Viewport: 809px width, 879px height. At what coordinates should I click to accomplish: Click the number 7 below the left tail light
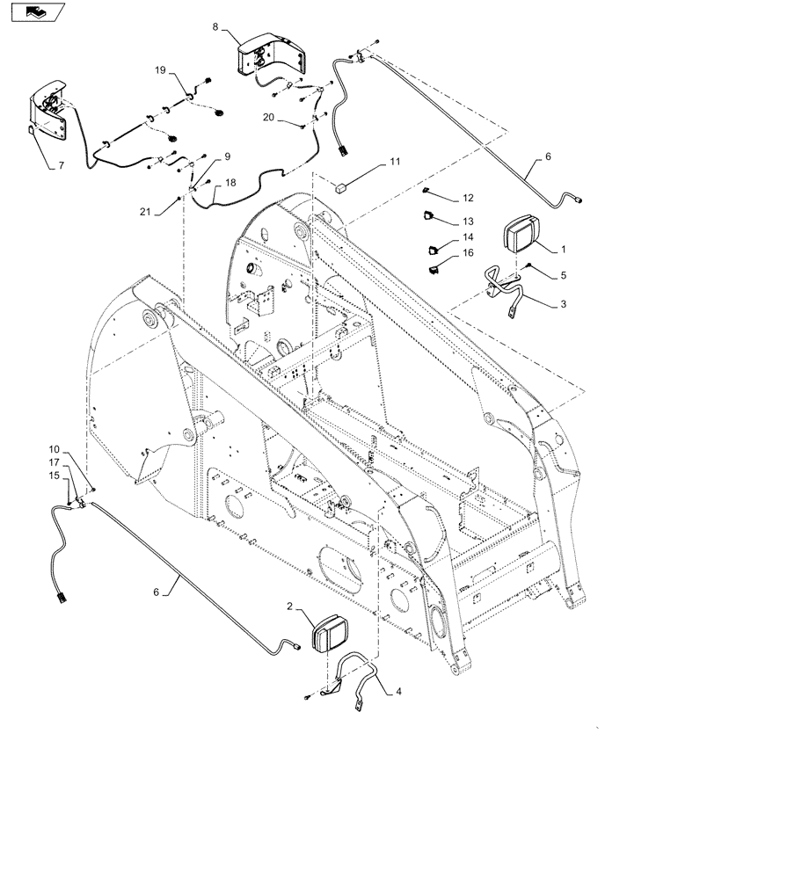(x=62, y=165)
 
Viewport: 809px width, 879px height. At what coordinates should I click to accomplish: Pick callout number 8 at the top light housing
(x=216, y=27)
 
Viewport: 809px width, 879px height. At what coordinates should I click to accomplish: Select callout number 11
(x=395, y=162)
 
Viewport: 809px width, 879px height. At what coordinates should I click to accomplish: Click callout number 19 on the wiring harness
(x=161, y=69)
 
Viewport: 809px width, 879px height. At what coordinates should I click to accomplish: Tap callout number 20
(x=267, y=116)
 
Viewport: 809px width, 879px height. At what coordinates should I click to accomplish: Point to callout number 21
(x=145, y=211)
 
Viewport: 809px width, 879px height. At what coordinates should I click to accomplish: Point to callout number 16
(x=468, y=253)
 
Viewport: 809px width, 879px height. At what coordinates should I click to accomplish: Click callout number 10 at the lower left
(x=54, y=449)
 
